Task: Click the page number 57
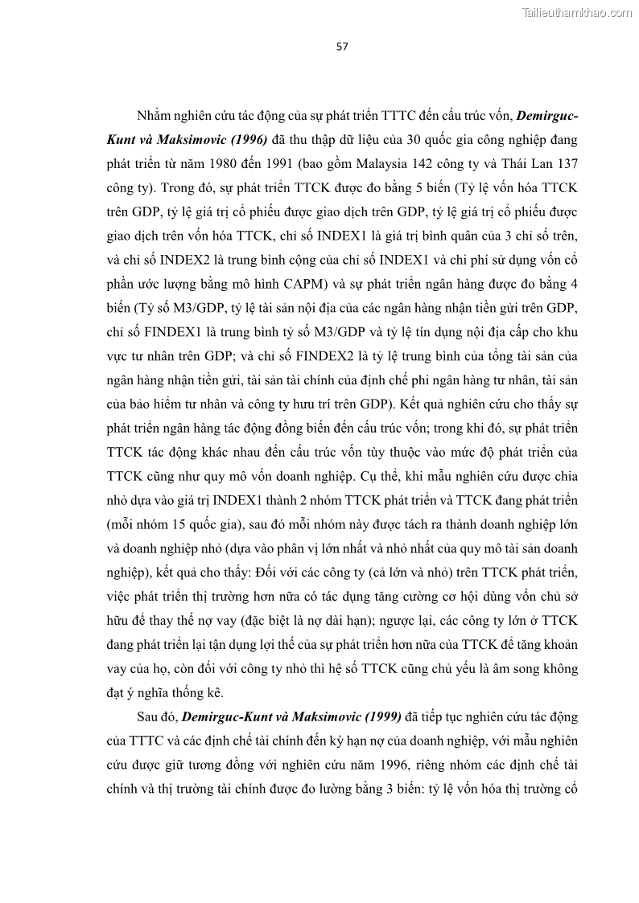coord(342,47)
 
